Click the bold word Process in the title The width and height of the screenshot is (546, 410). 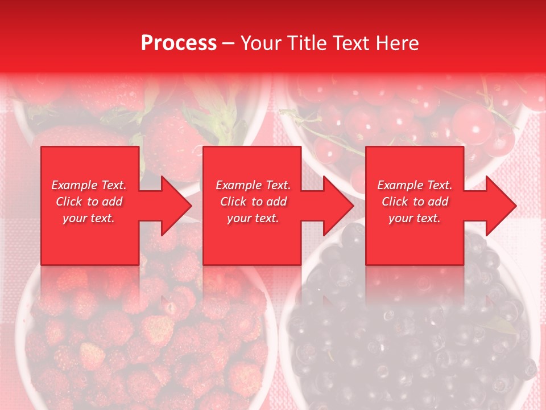point(179,43)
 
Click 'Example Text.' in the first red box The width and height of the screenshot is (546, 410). point(89,185)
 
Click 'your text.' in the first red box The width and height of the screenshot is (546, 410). point(89,218)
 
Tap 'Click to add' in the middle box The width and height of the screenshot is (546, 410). point(253,202)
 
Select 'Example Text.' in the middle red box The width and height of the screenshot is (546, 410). point(253,185)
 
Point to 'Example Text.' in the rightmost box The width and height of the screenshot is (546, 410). point(415,185)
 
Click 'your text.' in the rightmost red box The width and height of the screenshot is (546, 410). point(415,218)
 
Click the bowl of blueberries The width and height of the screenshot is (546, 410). point(409,336)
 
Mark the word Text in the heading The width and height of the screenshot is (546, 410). point(353,43)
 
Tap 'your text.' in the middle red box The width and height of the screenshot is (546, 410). point(253,218)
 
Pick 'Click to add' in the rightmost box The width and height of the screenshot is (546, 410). point(415,202)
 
